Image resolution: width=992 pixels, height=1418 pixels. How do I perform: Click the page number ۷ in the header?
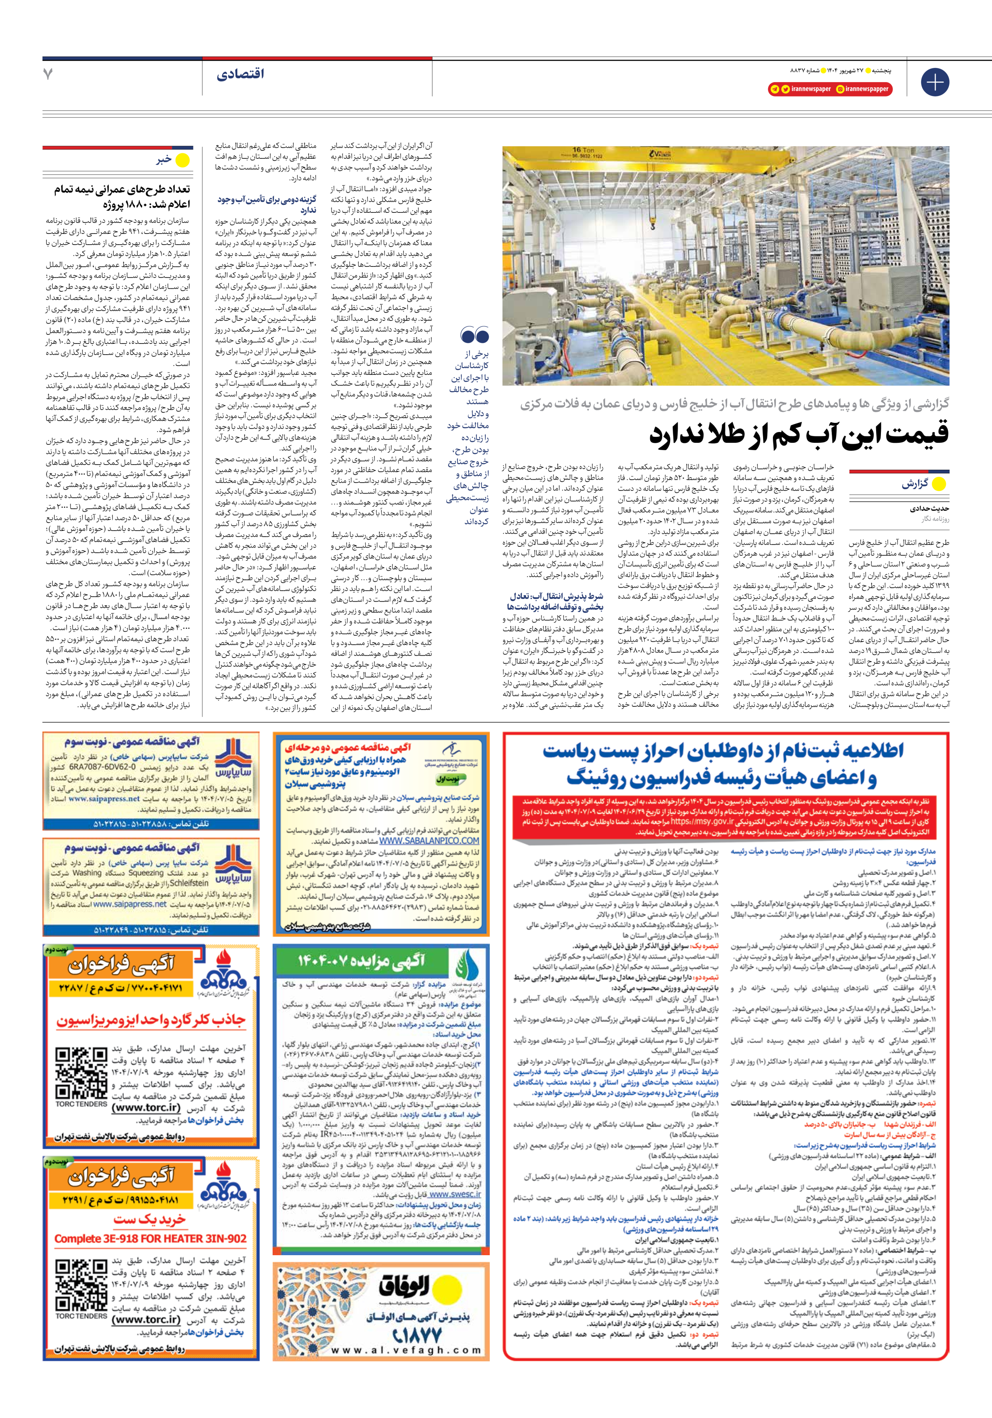48,74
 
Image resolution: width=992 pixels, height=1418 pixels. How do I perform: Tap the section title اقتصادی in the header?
240,74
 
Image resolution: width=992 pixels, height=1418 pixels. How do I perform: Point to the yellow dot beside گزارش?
938,484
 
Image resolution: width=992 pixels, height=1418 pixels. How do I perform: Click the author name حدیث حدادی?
929,509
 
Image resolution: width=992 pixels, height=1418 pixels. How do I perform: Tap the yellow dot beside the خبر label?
183,160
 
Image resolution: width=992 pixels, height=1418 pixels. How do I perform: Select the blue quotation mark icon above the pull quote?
475,336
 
